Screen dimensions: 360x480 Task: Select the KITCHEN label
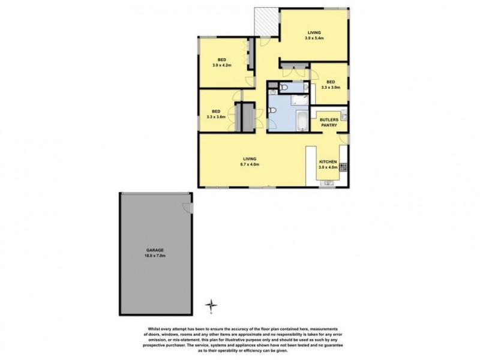pos(328,163)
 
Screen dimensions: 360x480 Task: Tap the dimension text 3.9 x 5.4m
pos(314,38)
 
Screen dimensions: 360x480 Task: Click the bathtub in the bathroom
pos(300,121)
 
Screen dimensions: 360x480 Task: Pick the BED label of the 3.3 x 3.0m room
pos(331,82)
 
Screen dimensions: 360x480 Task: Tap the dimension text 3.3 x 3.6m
pos(215,117)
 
